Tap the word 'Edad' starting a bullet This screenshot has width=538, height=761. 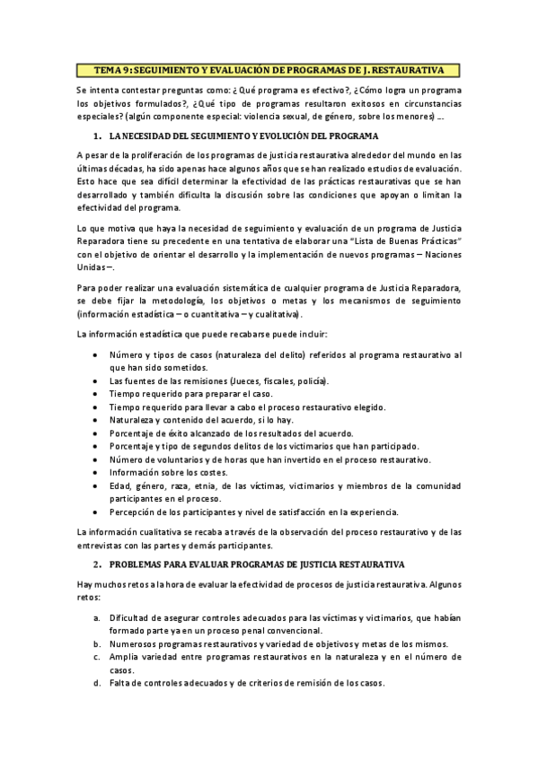(119, 485)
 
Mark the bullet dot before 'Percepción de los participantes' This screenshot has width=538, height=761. (96, 512)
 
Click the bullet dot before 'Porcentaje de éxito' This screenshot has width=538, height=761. (96, 433)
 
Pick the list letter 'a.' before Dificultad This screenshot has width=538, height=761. (96, 619)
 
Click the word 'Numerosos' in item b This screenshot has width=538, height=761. (135, 644)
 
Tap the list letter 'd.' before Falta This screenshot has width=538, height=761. (96, 683)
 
